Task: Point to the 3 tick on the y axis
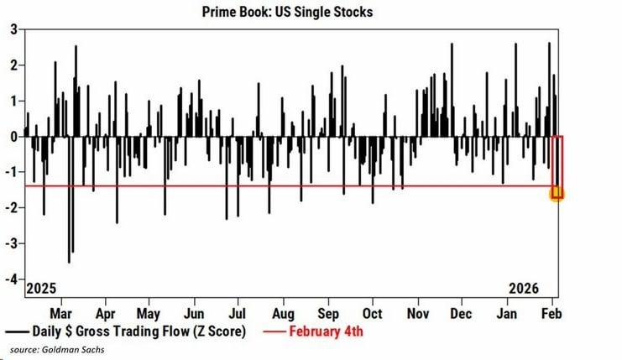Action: pyautogui.click(x=13, y=29)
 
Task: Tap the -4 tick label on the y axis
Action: pyautogui.click(x=11, y=279)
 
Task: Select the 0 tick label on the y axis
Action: pyautogui.click(x=13, y=136)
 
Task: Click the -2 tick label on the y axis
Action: pyautogui.click(x=11, y=207)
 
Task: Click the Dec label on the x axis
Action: pyautogui.click(x=461, y=313)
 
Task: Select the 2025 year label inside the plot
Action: pyautogui.click(x=41, y=289)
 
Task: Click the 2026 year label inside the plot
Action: pyautogui.click(x=527, y=289)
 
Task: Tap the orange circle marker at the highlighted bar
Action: pyautogui.click(x=556, y=194)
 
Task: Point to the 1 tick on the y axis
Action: pyautogui.click(x=13, y=101)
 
